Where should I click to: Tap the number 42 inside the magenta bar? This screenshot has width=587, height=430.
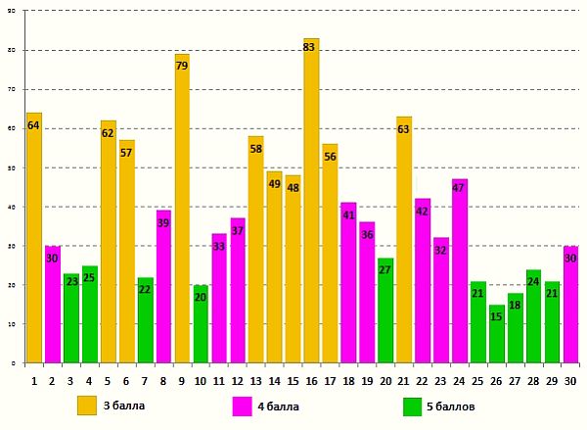[423, 212]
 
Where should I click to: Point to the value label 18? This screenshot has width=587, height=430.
[515, 306]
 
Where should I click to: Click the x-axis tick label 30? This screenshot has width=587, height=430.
[570, 380]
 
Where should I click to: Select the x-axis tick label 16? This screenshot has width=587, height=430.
[311, 380]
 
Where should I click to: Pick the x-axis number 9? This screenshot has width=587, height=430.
[182, 380]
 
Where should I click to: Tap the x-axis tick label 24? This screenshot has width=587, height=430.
[460, 380]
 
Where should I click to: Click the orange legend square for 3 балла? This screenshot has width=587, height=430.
[87, 406]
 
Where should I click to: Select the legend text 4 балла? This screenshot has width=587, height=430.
[280, 406]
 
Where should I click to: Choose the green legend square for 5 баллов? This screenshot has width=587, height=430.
[412, 406]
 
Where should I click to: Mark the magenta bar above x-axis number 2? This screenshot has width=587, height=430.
[53, 305]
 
